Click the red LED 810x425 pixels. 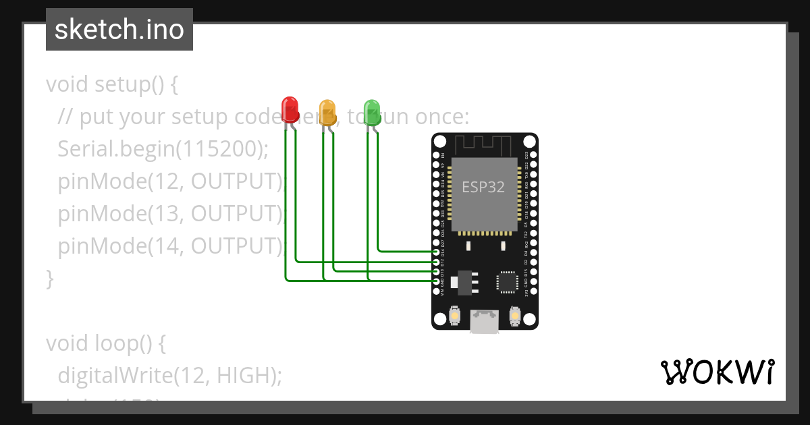[x=290, y=108]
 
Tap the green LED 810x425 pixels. [x=372, y=110]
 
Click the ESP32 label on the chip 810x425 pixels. [x=483, y=188]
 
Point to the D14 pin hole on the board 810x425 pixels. [x=437, y=252]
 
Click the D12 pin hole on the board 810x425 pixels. [x=437, y=262]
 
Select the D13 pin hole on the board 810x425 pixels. [x=437, y=271]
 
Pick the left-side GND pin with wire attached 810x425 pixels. [x=437, y=281]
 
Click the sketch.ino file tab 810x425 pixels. [x=119, y=30]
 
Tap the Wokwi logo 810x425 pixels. [x=716, y=372]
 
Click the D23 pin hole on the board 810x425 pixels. [x=533, y=155]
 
